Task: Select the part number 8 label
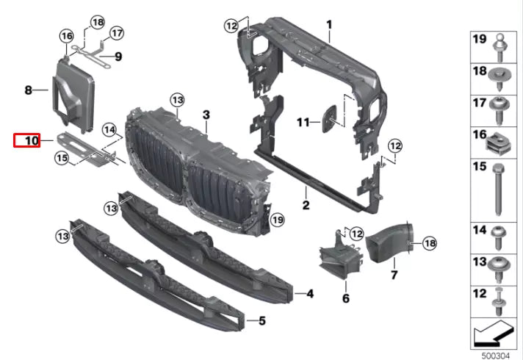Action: coord(28,90)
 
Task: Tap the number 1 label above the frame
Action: coord(329,24)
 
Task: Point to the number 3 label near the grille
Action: coord(206,115)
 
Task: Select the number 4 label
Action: coord(309,294)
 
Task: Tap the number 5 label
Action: coord(260,320)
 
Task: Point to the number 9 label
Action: coord(118,56)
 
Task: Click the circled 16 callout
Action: coord(67,36)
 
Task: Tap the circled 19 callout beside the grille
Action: coord(276,220)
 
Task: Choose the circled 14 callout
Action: coord(110,131)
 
